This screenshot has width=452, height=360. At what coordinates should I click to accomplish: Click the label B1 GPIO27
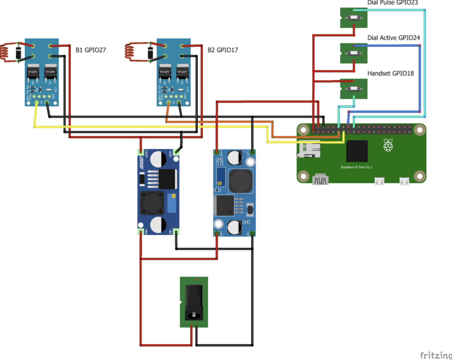click(91, 50)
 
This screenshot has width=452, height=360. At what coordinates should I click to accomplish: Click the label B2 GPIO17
click(223, 50)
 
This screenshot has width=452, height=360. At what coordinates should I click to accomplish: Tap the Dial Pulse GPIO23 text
click(392, 3)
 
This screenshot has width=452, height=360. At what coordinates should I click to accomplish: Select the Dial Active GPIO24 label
click(393, 38)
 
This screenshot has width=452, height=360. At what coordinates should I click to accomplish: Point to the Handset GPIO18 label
click(391, 73)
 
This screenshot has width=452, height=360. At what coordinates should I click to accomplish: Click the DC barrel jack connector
click(194, 303)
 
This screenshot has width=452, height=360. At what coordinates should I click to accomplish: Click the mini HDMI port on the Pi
click(321, 180)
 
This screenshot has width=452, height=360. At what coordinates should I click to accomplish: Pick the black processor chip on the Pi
click(357, 151)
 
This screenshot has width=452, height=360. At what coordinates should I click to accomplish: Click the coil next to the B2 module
click(130, 51)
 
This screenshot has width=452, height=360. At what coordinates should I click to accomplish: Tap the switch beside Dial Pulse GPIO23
click(354, 18)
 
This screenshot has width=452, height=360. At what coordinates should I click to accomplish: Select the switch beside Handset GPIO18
click(354, 89)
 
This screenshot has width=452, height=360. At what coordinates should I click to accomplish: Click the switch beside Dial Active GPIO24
click(354, 53)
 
